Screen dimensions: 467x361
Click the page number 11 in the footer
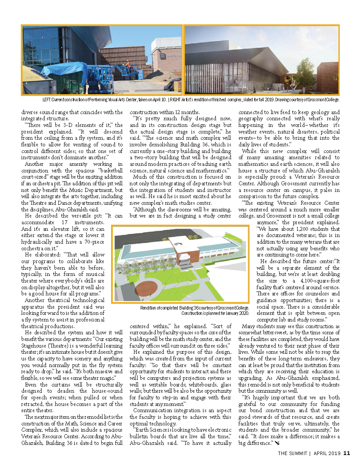[x=347, y=452]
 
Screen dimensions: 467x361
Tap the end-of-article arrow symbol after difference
[x=277, y=443]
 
